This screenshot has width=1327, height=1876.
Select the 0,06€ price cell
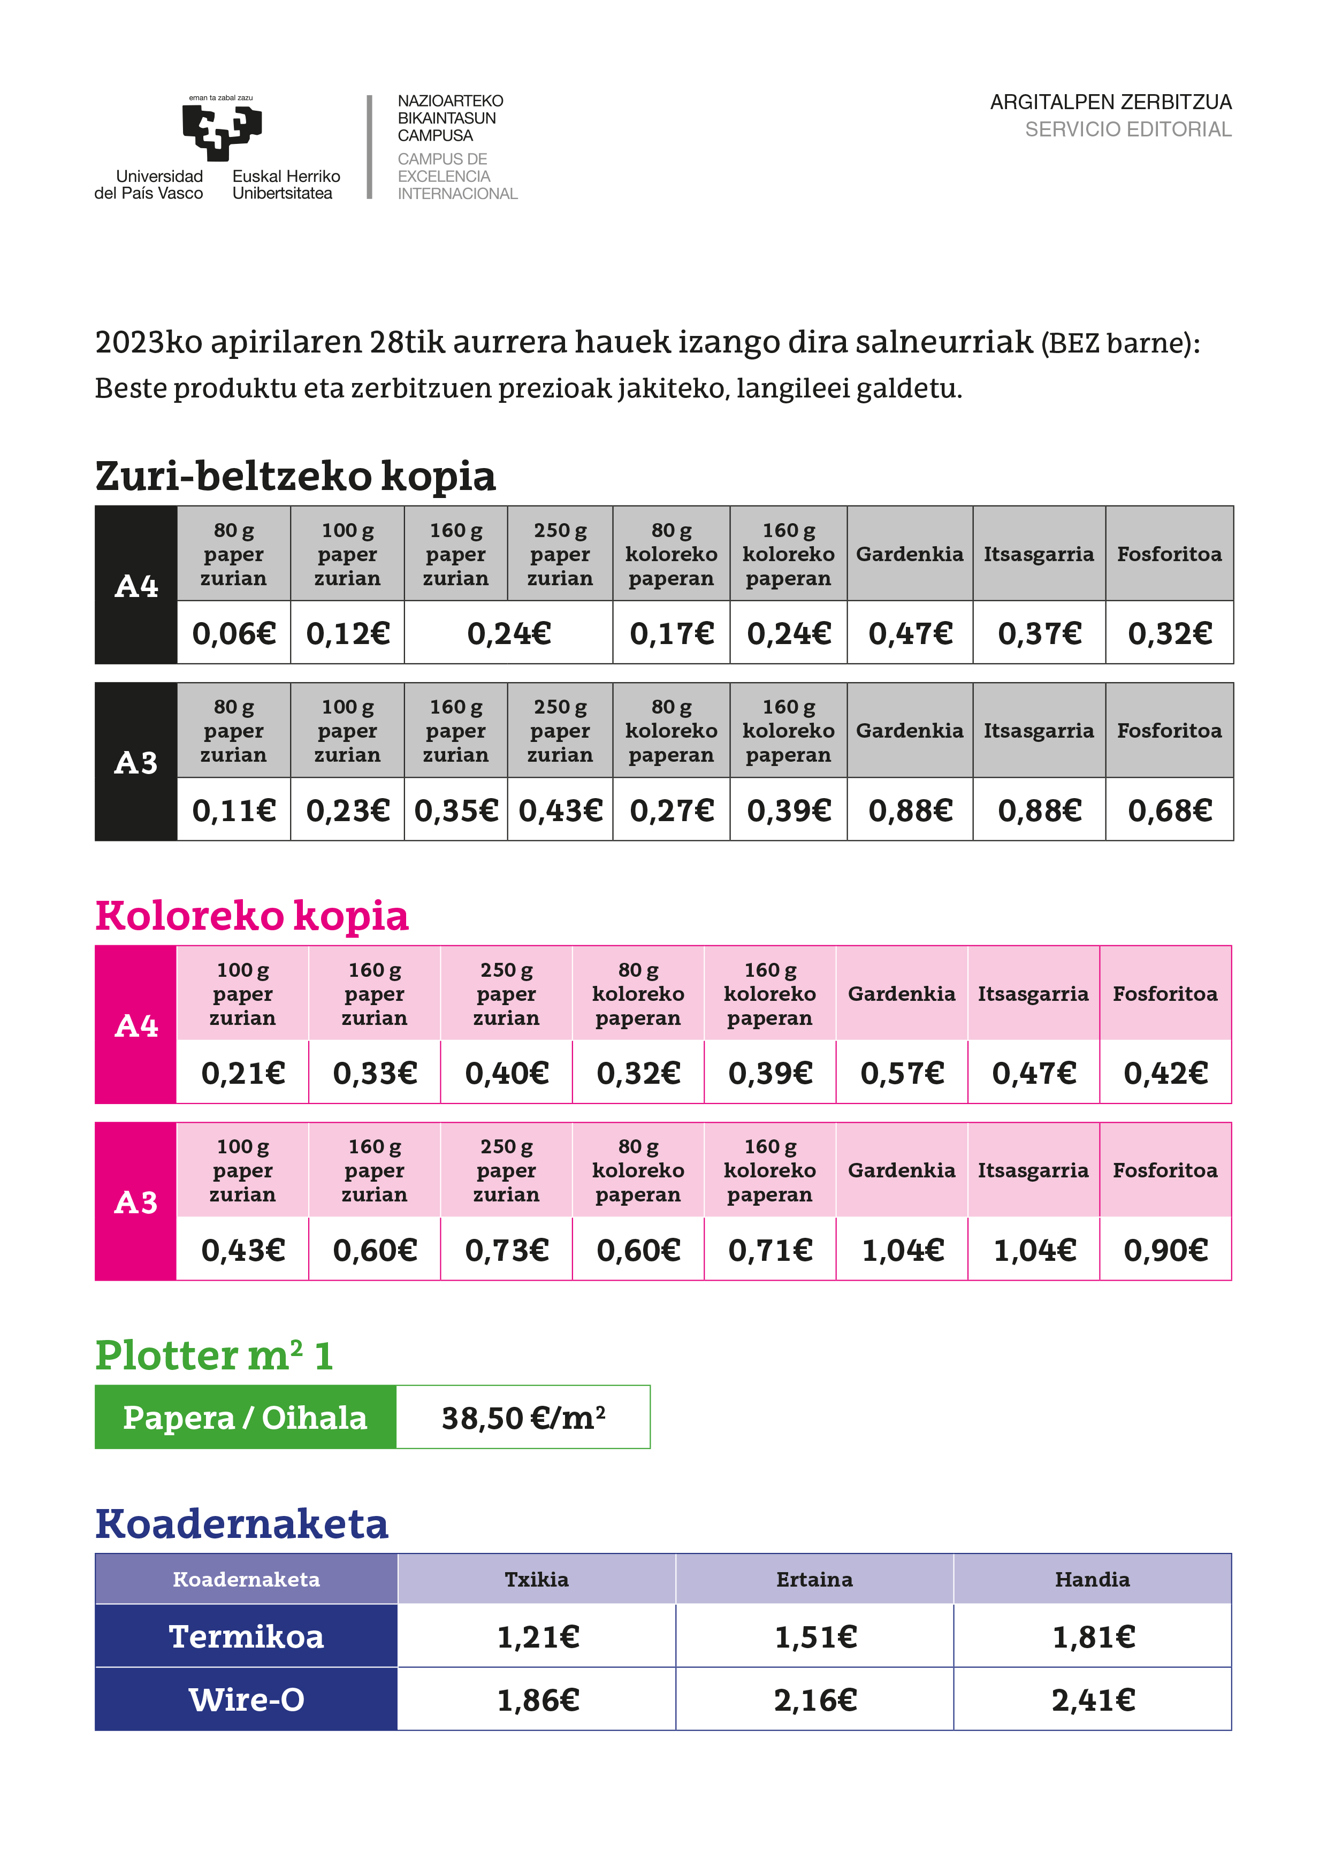click(x=234, y=633)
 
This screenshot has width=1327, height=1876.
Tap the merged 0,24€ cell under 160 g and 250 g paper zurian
click(x=508, y=633)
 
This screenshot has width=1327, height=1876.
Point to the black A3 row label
click(x=135, y=762)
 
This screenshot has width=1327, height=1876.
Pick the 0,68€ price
click(x=1169, y=810)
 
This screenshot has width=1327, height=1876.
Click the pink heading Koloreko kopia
click(x=251, y=916)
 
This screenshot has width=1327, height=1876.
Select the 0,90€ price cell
click(x=1165, y=1249)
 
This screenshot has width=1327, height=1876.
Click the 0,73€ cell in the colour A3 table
click(x=507, y=1249)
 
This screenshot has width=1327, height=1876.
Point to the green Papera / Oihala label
click(x=245, y=1418)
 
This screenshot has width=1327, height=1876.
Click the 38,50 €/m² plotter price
click(x=523, y=1418)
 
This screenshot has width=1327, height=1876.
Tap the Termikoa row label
click(x=246, y=1636)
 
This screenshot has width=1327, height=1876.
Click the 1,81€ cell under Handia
click(x=1093, y=1636)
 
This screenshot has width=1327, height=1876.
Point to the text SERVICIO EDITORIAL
click(x=1127, y=129)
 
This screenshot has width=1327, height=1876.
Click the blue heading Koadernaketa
click(x=242, y=1525)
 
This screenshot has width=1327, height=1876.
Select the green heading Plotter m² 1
click(x=214, y=1356)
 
